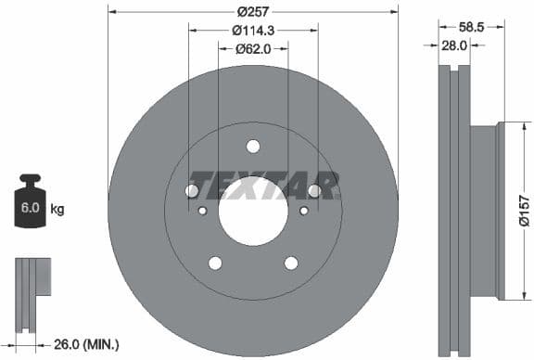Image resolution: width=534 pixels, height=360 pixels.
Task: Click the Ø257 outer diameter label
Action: click(x=252, y=11)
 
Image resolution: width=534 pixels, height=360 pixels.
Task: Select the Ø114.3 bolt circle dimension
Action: click(x=252, y=30)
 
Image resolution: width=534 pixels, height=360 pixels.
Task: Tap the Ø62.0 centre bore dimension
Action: click(x=252, y=48)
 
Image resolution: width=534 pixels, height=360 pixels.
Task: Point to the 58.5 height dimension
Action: click(x=473, y=28)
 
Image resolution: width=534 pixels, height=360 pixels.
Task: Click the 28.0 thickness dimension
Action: click(x=453, y=45)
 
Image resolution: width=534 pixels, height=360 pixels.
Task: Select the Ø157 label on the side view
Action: click(x=523, y=210)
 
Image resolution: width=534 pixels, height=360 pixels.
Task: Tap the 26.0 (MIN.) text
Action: click(x=89, y=344)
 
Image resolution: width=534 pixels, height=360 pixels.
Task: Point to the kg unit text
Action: click(x=57, y=210)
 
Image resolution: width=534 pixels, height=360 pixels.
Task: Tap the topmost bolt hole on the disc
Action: click(x=253, y=145)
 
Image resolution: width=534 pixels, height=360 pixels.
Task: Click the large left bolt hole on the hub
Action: click(x=193, y=190)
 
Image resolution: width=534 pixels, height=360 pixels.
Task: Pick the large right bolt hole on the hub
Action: click(x=313, y=190)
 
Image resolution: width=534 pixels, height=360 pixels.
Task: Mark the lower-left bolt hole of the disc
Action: click(x=215, y=263)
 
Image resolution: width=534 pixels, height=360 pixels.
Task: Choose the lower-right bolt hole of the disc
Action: click(x=291, y=263)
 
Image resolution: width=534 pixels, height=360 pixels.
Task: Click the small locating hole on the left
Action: click(x=202, y=211)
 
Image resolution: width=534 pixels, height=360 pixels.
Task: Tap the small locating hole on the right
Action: click(x=303, y=211)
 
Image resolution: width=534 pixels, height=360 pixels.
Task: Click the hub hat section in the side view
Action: click(x=483, y=212)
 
